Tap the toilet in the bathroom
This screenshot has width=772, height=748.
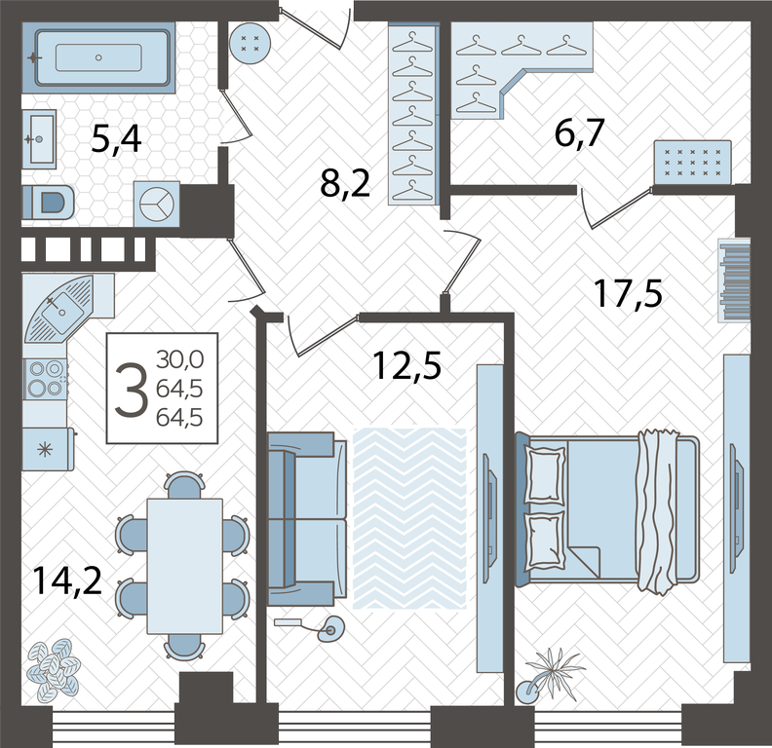point(49,202)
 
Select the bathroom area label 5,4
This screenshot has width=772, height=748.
point(116,139)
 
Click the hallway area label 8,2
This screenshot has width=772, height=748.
point(345,184)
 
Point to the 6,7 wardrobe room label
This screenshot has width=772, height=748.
point(579,132)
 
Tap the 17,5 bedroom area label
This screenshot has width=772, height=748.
point(629,293)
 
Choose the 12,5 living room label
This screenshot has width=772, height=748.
point(406,366)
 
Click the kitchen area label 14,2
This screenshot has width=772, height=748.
point(67,580)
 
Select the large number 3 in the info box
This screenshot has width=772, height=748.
point(131,390)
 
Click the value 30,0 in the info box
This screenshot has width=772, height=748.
point(179,360)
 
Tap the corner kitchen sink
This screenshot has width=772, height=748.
point(59,308)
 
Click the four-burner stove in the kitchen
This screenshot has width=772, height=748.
point(45,379)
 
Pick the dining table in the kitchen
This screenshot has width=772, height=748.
point(184,566)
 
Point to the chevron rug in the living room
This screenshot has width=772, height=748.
point(409,518)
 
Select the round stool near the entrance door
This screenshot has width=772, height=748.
point(251,43)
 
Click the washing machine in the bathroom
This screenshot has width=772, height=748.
point(157,204)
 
